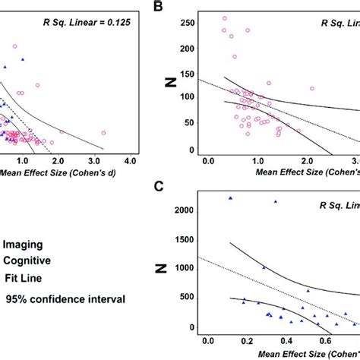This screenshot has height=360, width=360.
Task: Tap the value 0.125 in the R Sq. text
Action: [117, 24]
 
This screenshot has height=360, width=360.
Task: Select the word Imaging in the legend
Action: [23, 245]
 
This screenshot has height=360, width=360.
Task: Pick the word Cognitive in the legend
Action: [27, 261]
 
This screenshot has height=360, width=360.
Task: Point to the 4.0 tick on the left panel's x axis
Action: [130, 162]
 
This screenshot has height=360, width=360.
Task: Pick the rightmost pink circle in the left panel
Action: [103, 133]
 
